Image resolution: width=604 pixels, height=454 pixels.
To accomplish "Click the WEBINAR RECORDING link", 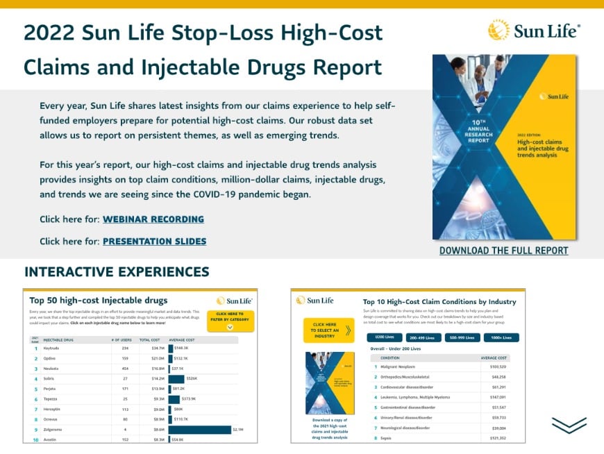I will tap(153, 219).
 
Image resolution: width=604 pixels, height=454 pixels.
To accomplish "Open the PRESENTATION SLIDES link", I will tap(154, 242).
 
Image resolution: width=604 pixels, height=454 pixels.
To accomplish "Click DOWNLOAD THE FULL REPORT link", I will tap(503, 251).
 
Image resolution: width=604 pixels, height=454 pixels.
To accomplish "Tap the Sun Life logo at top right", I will tap(535, 30).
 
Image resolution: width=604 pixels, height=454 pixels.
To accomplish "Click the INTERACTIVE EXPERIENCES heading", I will tap(117, 271).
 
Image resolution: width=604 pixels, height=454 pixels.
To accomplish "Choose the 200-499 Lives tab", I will tap(423, 337).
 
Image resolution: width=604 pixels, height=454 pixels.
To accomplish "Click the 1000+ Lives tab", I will tap(501, 337).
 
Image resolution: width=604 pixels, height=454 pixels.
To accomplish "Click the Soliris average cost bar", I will tap(176, 379).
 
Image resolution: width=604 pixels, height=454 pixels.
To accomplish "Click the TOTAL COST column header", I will tap(149, 340).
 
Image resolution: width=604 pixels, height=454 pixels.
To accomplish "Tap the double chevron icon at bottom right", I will tap(569, 425).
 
